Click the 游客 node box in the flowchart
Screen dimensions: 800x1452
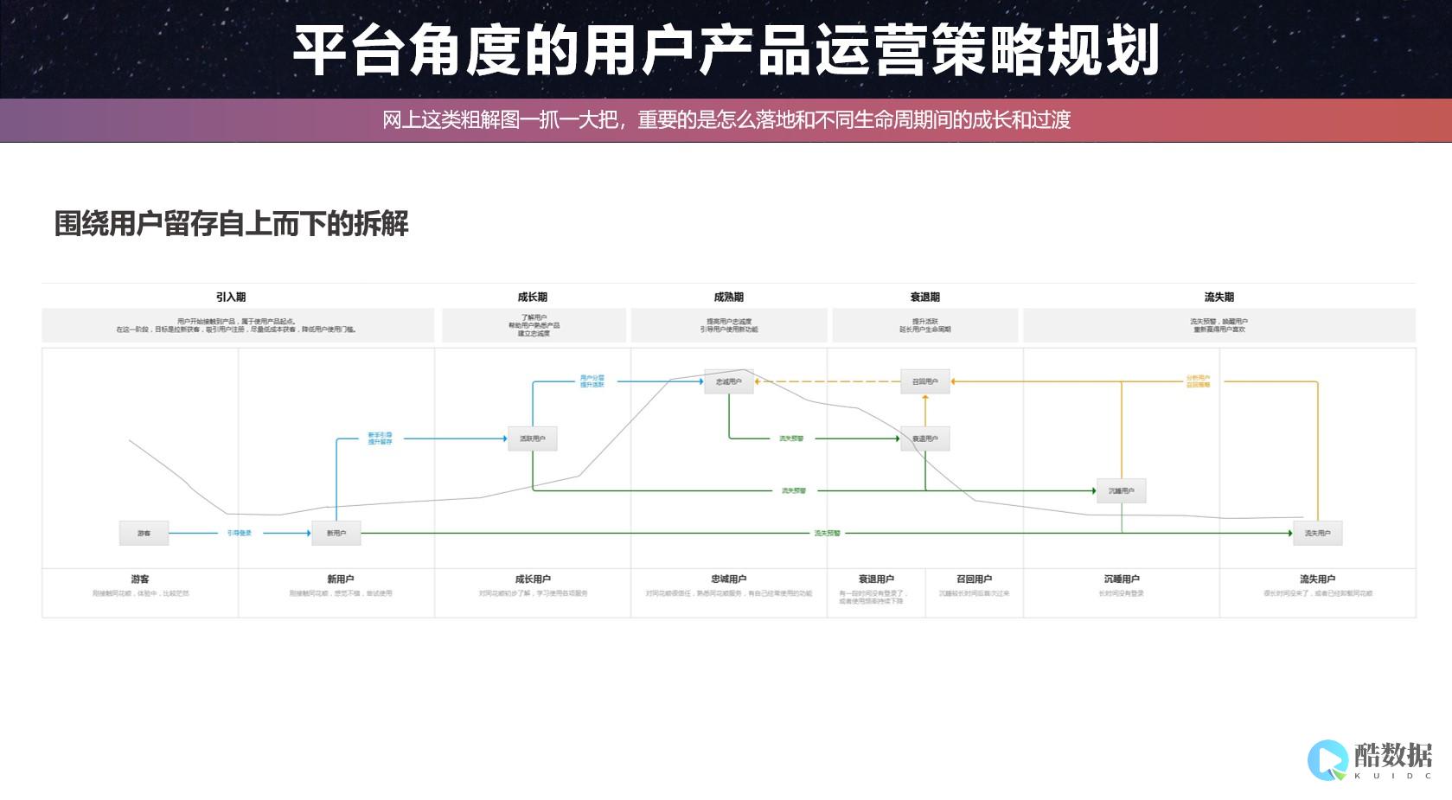tap(144, 533)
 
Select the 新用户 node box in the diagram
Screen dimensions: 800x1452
tap(336, 533)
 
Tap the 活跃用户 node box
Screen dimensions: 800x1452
tap(533, 438)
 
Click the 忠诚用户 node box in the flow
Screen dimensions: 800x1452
tap(729, 381)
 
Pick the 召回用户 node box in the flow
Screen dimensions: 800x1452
tap(925, 381)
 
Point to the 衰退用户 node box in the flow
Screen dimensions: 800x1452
tap(925, 438)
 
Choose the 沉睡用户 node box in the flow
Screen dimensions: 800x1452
tap(1122, 490)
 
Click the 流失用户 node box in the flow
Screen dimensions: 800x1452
tap(1318, 533)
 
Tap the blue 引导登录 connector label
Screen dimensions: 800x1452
tap(240, 533)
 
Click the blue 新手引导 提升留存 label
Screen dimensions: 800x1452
tap(380, 438)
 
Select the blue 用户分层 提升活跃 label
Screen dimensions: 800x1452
tap(592, 381)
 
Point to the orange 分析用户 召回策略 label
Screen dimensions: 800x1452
tap(1199, 381)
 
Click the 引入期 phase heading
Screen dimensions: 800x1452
tap(231, 297)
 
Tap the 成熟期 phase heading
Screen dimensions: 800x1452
tap(729, 297)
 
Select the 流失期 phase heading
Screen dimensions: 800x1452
tap(1219, 297)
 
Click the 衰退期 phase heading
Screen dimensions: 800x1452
tap(925, 297)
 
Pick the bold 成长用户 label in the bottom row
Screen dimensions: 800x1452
tap(533, 579)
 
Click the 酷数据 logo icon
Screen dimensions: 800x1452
tap(1327, 759)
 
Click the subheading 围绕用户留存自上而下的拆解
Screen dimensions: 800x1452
tap(231, 224)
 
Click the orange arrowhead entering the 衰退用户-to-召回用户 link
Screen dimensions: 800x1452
tap(925, 399)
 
